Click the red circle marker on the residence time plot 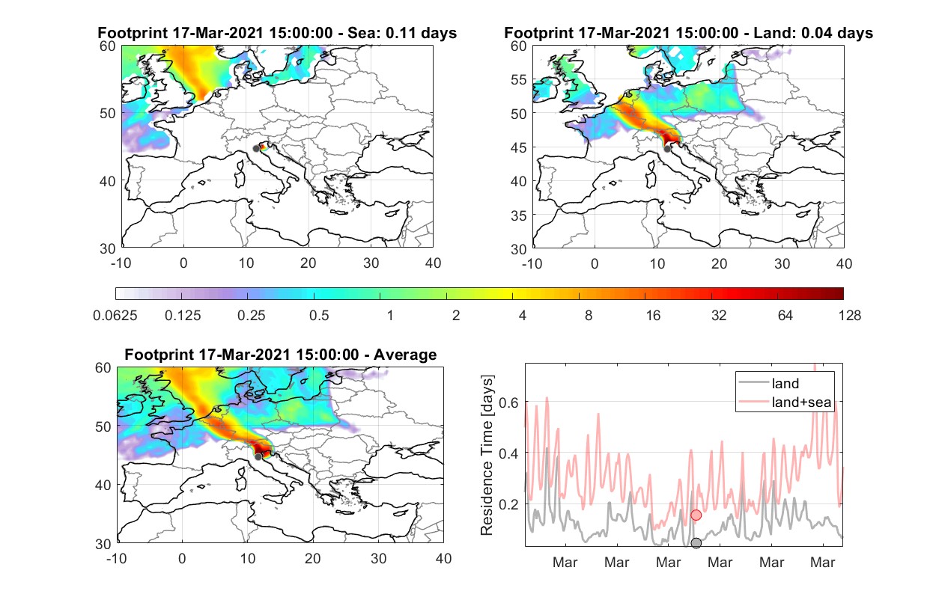coord(696,515)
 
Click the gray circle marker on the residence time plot coord(696,543)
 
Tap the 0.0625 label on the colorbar coord(115,316)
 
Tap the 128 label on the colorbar coord(849,316)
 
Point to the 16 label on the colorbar coord(653,316)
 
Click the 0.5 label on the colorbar coord(319,316)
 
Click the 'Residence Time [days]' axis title coord(487,456)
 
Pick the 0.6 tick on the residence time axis coord(508,402)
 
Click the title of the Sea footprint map coord(277,33)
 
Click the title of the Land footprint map coord(688,33)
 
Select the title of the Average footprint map coord(281,355)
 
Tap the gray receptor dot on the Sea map coord(256,149)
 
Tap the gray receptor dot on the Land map coord(667,149)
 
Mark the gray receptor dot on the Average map coord(258,457)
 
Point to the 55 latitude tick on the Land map coord(519,79)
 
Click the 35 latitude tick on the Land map coord(519,215)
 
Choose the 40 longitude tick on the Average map coord(443,558)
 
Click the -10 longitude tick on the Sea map coord(121,263)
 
